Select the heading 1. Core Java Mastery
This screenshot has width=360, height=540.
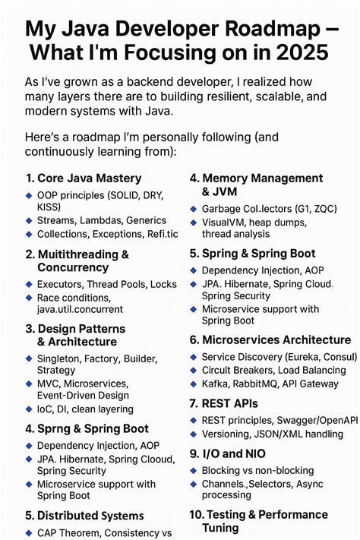[84, 178]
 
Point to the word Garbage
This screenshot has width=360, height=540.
[223, 210]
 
